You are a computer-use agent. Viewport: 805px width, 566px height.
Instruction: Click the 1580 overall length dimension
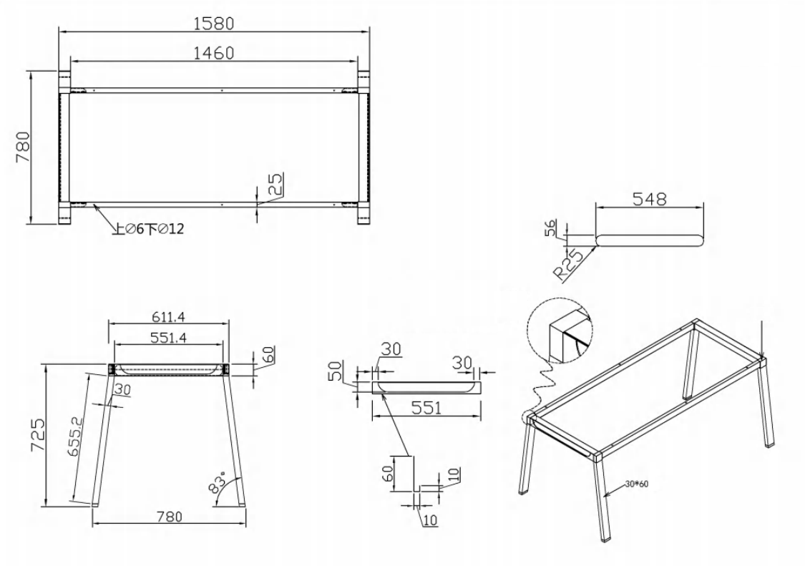pyautogui.click(x=214, y=24)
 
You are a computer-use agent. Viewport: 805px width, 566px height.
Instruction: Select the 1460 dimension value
pyautogui.click(x=214, y=53)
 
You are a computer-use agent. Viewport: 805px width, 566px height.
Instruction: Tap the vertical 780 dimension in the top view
pyautogui.click(x=23, y=147)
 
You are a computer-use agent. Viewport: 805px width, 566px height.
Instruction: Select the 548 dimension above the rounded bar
pyautogui.click(x=649, y=198)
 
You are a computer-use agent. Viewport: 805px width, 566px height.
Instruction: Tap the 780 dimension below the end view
pyautogui.click(x=170, y=516)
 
